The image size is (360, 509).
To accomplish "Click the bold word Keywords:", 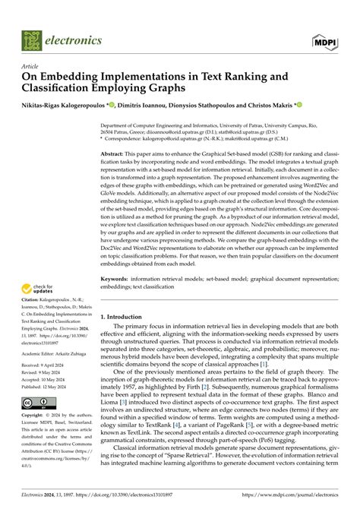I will pyautogui.click(x=115, y=280).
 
